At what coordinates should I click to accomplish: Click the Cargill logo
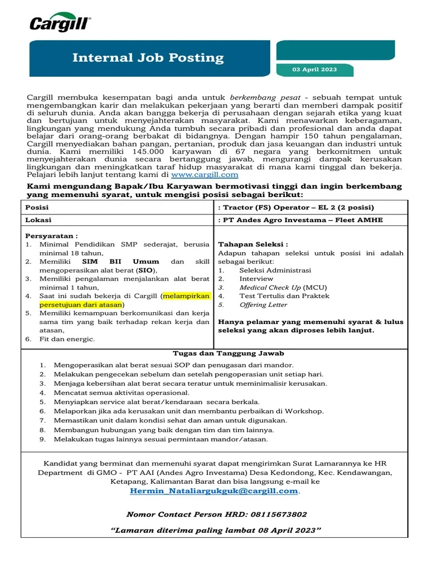tap(60, 24)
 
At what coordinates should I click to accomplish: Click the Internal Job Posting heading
tap(148, 58)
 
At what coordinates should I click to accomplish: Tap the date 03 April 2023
tap(315, 70)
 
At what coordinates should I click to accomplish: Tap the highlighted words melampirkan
tap(185, 296)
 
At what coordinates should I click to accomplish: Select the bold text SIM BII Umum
tap(120, 262)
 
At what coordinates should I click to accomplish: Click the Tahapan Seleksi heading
tap(252, 244)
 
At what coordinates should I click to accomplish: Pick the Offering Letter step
tap(263, 305)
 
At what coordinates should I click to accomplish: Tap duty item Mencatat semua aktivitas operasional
tap(121, 392)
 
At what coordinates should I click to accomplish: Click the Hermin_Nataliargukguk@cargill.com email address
tap(214, 491)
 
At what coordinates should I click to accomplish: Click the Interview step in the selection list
tap(256, 279)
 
